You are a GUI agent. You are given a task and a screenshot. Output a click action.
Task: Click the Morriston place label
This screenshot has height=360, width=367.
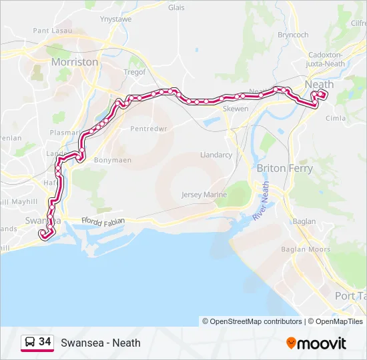pos(75,62)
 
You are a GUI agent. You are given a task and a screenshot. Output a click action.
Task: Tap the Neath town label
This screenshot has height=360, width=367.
pos(319,85)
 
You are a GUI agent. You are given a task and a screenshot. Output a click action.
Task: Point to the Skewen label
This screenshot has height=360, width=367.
pos(236,109)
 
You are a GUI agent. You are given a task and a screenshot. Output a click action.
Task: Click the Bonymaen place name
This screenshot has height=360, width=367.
pos(113,160)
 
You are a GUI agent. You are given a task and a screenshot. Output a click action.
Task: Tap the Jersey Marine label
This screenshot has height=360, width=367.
pos(204,195)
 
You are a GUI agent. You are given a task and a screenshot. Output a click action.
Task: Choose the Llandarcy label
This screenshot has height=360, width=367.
pos(216,155)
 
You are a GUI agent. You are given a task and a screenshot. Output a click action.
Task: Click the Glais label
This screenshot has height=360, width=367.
pos(176,8)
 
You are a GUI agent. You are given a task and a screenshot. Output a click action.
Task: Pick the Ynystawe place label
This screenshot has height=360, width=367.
pos(115,20)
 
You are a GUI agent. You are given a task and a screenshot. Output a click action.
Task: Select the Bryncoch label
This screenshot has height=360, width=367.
pos(293,35)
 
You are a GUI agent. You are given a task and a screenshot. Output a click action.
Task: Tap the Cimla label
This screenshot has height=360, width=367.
pos(335,118)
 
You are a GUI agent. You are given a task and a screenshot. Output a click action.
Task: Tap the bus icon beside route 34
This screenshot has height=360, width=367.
pos(30,343)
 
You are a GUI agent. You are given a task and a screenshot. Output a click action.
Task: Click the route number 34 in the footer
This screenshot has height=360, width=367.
pos(45,342)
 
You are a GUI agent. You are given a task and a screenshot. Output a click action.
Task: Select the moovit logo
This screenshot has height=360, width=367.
pos(316,343)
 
